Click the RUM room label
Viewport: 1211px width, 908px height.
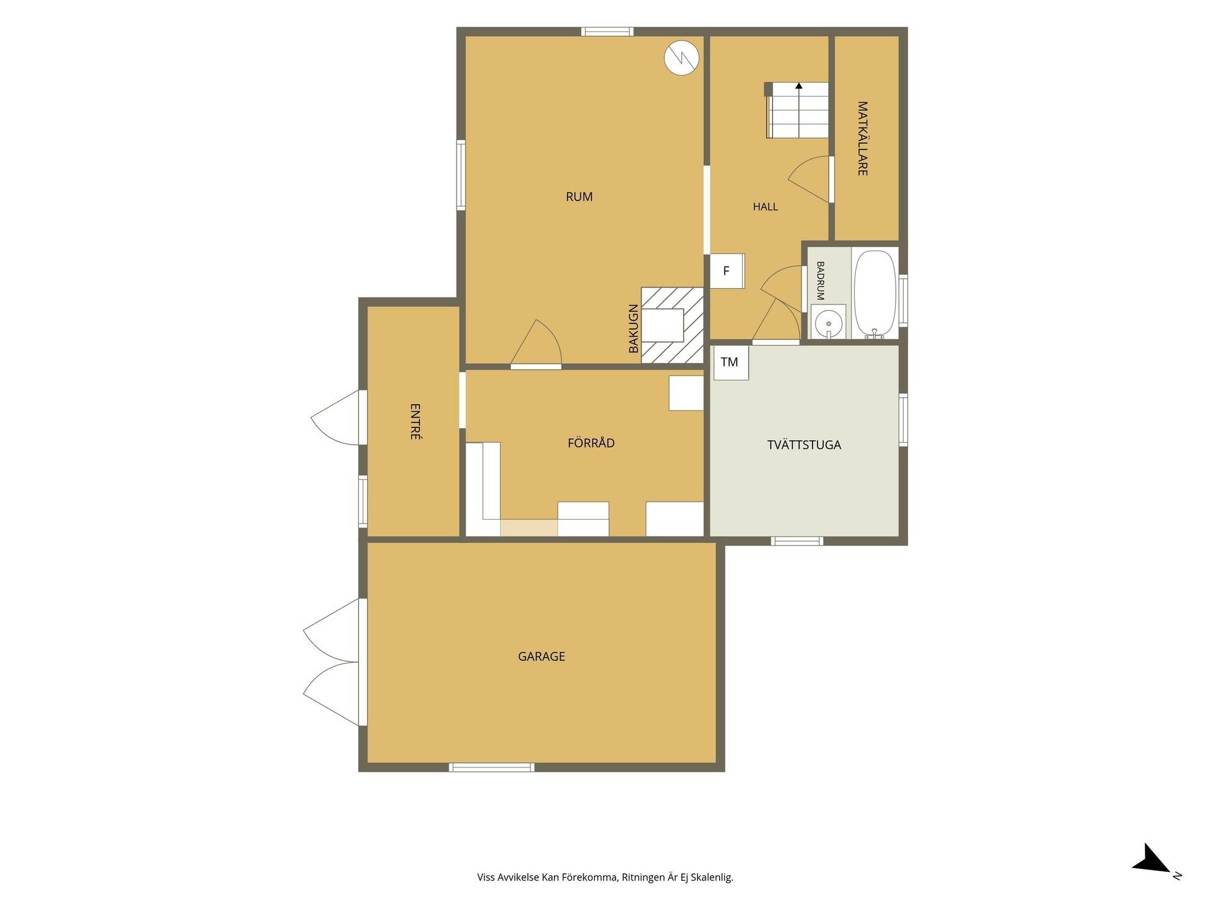tap(579, 197)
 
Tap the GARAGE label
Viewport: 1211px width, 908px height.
tap(541, 656)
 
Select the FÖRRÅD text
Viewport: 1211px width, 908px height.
tap(591, 443)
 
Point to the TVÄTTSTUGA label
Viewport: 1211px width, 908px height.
tap(804, 445)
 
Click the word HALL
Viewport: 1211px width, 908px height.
tap(765, 207)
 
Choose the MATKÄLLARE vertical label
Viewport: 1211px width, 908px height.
tap(862, 138)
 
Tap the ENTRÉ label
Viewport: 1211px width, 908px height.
tap(415, 421)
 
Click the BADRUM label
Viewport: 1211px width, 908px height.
tap(821, 281)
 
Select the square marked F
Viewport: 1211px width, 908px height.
tap(727, 271)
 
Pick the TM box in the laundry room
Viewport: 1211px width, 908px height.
tap(731, 363)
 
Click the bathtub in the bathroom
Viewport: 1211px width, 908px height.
tap(874, 294)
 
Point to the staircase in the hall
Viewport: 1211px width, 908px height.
tap(797, 110)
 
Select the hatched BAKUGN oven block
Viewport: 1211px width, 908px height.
tap(672, 325)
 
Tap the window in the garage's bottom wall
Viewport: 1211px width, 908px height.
tap(492, 767)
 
